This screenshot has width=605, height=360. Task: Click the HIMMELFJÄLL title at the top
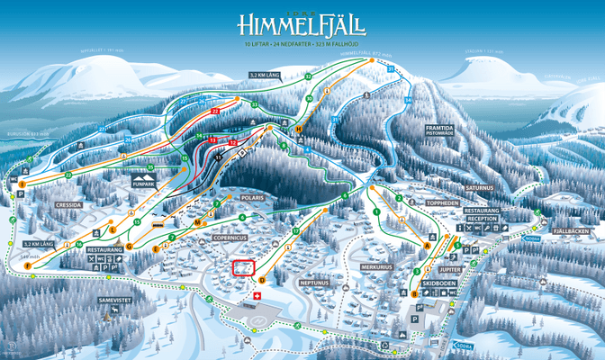(302, 24)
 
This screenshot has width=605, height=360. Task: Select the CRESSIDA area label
(68, 204)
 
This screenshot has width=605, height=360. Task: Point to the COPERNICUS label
(230, 237)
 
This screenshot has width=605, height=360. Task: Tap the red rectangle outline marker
(242, 268)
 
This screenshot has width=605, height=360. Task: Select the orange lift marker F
(28, 266)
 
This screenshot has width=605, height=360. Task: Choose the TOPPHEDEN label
(442, 203)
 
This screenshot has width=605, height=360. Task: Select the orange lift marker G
(130, 246)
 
